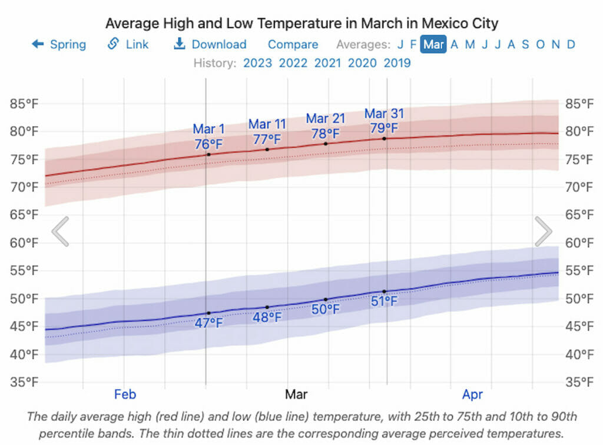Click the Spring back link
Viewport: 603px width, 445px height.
click(x=59, y=45)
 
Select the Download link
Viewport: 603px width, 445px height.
click(x=210, y=45)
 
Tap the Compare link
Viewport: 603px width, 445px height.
click(x=293, y=45)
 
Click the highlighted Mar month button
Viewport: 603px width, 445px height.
click(x=433, y=45)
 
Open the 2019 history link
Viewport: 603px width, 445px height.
click(x=397, y=63)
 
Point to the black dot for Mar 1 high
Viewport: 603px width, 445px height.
click(x=208, y=154)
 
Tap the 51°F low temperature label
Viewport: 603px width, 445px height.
click(x=384, y=301)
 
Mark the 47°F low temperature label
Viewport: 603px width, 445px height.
click(x=209, y=323)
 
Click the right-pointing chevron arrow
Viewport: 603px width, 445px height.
click(x=543, y=231)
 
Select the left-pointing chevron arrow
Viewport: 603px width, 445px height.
click(x=61, y=231)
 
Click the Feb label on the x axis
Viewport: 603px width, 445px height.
click(x=125, y=394)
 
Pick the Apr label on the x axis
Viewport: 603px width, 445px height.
click(x=473, y=394)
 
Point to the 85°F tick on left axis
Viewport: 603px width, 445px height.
click(x=24, y=104)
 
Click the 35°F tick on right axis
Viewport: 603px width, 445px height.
click(x=579, y=383)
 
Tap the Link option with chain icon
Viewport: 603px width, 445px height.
click(x=128, y=45)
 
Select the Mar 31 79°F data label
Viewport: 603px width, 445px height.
click(x=384, y=121)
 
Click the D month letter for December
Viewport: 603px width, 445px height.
click(x=571, y=45)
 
